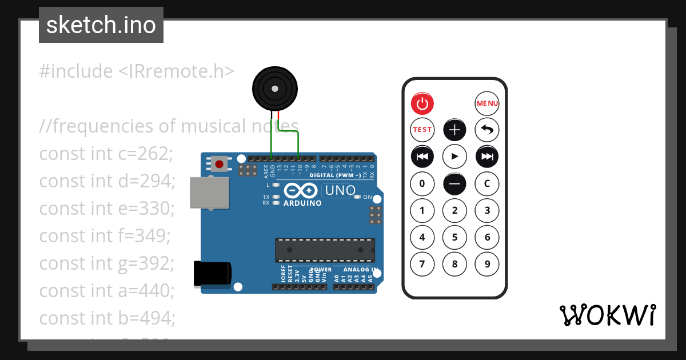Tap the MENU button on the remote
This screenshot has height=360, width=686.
coord(487,103)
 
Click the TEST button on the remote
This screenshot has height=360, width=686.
coord(422,130)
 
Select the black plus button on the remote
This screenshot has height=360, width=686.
coord(455,130)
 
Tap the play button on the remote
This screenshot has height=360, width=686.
coord(455,156)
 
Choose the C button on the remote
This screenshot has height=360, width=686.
coord(487,183)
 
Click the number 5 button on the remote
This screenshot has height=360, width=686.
coord(455,237)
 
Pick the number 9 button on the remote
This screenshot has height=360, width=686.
coord(487,264)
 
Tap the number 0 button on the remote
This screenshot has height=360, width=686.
coord(422,183)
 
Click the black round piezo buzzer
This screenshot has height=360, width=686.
coord(275,89)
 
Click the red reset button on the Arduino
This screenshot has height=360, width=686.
coord(218,165)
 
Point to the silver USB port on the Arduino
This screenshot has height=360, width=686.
coord(209,193)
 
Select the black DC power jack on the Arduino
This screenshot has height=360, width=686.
coord(213,274)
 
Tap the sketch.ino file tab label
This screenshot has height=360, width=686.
coord(101,25)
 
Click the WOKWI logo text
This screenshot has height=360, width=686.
coord(608,315)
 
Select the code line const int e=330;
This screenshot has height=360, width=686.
coord(107,209)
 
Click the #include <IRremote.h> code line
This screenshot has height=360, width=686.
coord(137,71)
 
